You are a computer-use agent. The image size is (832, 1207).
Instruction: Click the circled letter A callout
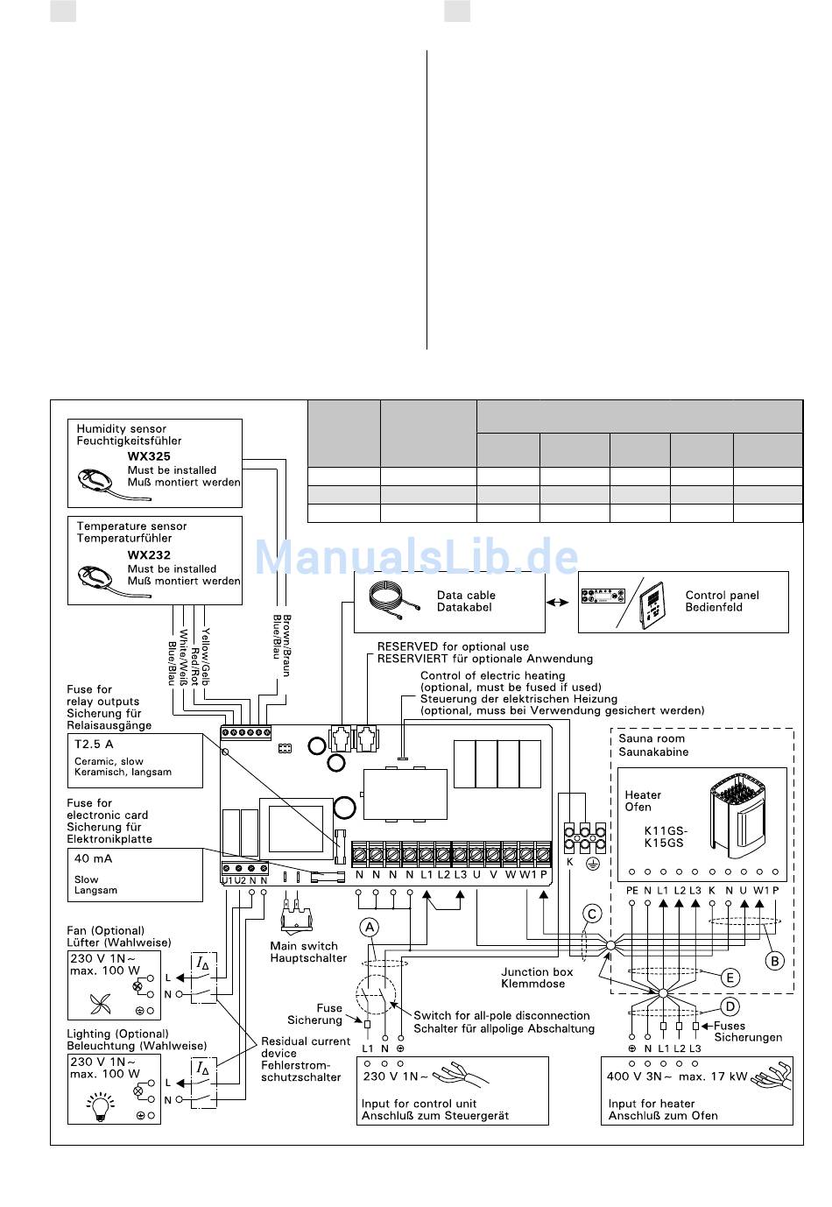[x=370, y=927]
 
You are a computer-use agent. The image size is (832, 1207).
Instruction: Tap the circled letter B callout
[x=774, y=961]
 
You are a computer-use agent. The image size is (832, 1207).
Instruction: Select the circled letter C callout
[x=593, y=914]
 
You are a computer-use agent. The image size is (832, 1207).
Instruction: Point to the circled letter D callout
[x=730, y=1006]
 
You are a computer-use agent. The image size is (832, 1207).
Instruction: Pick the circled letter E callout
[x=730, y=978]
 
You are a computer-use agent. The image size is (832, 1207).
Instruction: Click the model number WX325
[x=149, y=456]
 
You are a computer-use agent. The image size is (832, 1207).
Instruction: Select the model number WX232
[x=149, y=554]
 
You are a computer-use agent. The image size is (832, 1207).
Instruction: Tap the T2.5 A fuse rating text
[x=94, y=744]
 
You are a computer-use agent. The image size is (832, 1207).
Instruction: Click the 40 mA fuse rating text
[x=93, y=858]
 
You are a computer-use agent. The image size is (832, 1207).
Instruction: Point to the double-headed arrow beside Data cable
[x=558, y=603]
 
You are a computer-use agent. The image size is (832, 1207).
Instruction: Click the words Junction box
[x=537, y=971]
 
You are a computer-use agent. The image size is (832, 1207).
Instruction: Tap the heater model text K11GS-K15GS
[x=665, y=836]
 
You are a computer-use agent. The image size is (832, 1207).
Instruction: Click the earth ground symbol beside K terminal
[x=592, y=864]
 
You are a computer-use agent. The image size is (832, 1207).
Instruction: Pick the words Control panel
[x=722, y=595]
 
